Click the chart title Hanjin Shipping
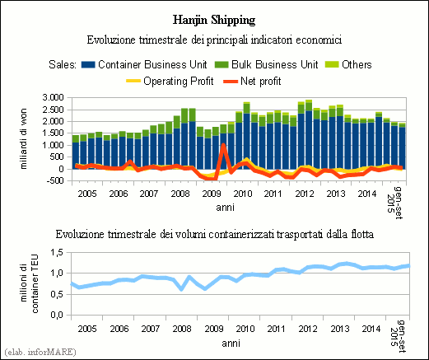pos(214,21)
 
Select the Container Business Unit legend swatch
pos(88,65)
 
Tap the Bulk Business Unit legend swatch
pos(221,65)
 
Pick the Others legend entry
pos(348,65)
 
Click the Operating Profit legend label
pos(179,82)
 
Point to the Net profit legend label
pos(261,82)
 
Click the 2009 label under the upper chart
pos(212,194)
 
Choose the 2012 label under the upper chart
pos(305,194)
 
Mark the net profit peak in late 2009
pos(223,145)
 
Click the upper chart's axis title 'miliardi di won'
pos(24,138)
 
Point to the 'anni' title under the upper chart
pos(225,208)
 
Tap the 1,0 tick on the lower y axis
pos(57,274)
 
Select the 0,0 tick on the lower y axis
pos(57,315)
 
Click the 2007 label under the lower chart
pos(151,329)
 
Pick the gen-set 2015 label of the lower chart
pos(398,336)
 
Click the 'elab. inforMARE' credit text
pos(40,352)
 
